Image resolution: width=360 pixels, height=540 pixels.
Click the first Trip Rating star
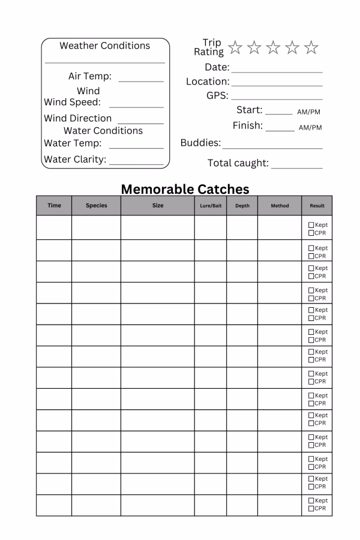click(x=235, y=47)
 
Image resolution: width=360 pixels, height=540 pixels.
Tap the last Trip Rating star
click(x=311, y=47)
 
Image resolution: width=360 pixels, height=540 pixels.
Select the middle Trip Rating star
click(x=273, y=47)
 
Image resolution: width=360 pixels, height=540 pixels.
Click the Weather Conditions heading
click(x=105, y=46)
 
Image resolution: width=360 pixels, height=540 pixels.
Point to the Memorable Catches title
click(x=185, y=189)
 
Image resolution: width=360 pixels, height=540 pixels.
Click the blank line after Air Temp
click(x=141, y=80)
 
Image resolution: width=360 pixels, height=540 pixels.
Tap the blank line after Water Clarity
click(x=136, y=163)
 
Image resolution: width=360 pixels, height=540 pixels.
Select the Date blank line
click(x=277, y=71)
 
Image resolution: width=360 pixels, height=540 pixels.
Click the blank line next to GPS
click(x=277, y=98)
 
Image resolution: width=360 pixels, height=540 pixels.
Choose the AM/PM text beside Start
click(x=309, y=112)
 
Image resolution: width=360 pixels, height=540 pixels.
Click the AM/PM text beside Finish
click(x=310, y=128)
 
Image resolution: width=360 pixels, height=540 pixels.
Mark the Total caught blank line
click(x=296, y=167)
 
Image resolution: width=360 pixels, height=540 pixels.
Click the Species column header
click(x=96, y=206)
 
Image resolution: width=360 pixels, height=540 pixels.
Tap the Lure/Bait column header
click(x=211, y=206)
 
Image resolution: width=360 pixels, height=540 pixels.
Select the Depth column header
click(x=242, y=206)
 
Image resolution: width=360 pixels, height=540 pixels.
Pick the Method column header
click(x=280, y=206)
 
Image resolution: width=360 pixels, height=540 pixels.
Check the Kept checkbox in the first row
click(x=311, y=225)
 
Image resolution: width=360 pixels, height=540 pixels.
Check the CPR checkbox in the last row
click(x=311, y=509)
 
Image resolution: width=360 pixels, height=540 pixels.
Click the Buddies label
click(x=200, y=143)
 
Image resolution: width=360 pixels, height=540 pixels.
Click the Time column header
click(x=54, y=206)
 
